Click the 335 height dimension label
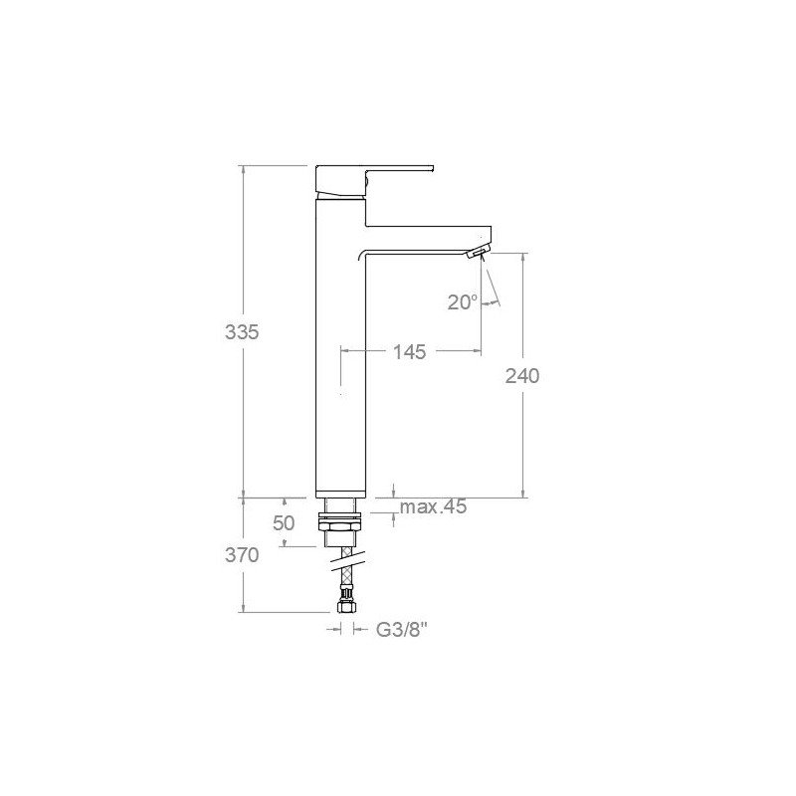[242, 332]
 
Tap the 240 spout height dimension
[521, 376]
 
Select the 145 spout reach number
[409, 352]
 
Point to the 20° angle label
[463, 302]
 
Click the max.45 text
[433, 506]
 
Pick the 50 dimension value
[284, 523]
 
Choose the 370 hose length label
[242, 555]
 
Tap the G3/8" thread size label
[402, 631]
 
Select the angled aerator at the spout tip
[479, 251]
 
